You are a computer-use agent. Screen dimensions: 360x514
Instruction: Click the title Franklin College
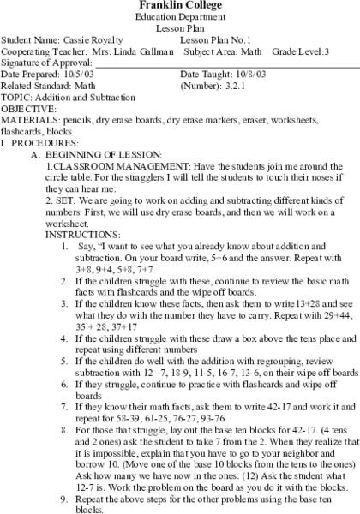point(180,6)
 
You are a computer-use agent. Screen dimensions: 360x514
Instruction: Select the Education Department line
point(180,17)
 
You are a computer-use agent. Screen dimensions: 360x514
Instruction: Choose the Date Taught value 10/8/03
point(243,75)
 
